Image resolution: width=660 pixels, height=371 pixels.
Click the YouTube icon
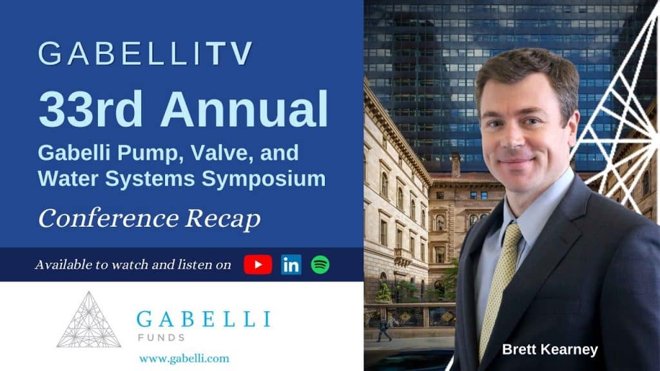click(x=258, y=265)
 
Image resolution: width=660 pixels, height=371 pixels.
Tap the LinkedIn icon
click(x=291, y=265)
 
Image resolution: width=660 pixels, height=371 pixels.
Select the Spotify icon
click(x=320, y=265)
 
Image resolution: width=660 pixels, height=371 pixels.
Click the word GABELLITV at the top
click(x=145, y=55)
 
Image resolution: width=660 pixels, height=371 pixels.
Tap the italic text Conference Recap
click(x=149, y=219)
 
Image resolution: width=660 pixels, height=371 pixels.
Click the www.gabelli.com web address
click(x=184, y=357)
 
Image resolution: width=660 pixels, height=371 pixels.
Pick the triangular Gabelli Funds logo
click(x=89, y=319)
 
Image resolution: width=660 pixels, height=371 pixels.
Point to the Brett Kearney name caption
click(x=550, y=350)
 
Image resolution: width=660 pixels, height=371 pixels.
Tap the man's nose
click(x=513, y=136)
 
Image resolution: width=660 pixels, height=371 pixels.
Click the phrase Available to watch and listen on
click(x=133, y=265)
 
